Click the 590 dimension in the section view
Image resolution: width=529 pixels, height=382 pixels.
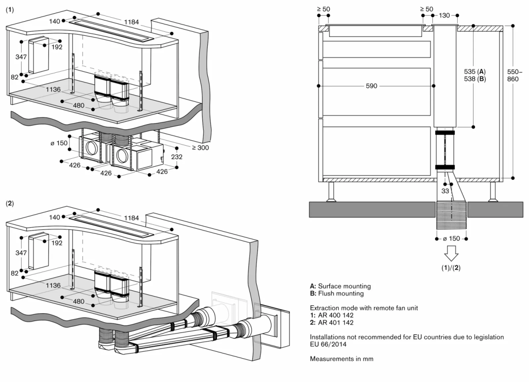[371, 86]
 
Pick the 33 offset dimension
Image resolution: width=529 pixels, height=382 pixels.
[445, 191]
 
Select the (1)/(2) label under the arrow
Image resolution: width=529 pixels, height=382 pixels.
[451, 268]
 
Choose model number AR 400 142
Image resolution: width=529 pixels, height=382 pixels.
[339, 315]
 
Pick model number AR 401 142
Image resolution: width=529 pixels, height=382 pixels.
[339, 322]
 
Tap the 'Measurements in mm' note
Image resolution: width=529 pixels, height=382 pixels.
[342, 359]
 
